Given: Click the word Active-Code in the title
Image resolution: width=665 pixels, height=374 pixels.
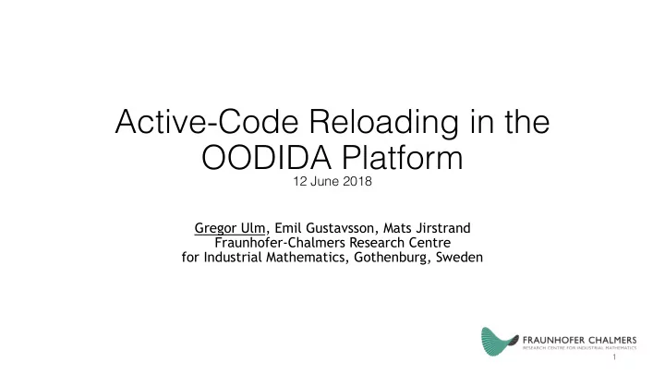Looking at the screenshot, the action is tap(207, 122).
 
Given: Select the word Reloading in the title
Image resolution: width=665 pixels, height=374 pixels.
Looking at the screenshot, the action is tap(384, 124).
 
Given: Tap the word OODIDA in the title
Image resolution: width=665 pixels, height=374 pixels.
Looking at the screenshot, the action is tap(266, 158).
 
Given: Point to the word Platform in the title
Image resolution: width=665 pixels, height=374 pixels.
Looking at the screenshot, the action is tap(403, 158).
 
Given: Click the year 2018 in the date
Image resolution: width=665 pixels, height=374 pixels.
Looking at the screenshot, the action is tap(357, 182).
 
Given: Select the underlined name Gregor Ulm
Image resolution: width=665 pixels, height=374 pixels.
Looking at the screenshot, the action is tap(230, 229).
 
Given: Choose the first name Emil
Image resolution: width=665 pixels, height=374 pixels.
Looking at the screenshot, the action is tap(288, 228).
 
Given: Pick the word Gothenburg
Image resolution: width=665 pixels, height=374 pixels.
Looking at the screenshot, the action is tap(391, 258).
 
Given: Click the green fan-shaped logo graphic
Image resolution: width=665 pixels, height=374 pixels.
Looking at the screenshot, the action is tap(499, 341).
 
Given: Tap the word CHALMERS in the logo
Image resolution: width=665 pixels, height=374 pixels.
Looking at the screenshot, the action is tap(612, 340).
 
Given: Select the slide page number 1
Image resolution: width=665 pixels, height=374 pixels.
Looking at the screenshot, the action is tap(614, 357).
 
